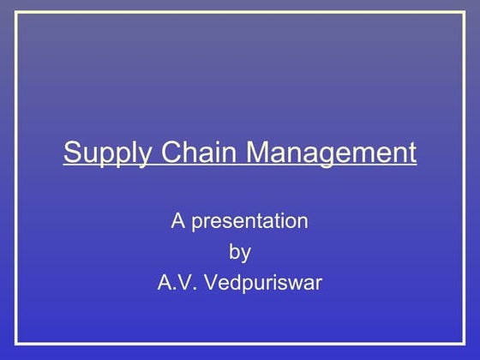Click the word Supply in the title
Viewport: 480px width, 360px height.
click(97, 154)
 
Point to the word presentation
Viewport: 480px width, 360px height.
click(249, 222)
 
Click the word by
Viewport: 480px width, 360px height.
click(240, 253)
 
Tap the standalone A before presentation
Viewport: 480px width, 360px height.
click(178, 221)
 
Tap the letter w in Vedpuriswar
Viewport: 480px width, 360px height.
click(296, 284)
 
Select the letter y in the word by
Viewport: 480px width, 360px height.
click(246, 255)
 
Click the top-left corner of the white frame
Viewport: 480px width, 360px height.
click(16, 13)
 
